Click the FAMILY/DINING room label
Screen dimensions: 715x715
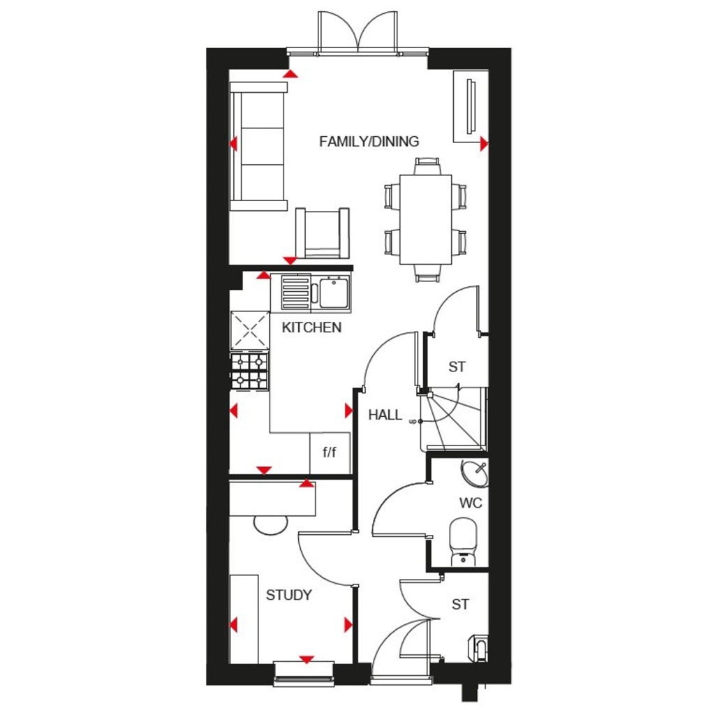coord(369,142)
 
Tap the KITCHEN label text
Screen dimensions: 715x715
coord(311,327)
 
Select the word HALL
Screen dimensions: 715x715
coord(385,415)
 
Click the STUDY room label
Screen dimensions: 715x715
coord(288,596)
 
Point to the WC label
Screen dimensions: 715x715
coord(470,503)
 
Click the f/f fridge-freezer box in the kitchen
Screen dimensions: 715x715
coord(330,452)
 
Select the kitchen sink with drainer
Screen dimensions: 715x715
coord(315,292)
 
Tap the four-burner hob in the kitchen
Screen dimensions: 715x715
coord(249,370)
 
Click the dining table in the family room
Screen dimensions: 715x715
coord(426,219)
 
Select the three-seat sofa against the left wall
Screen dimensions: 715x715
coord(259,146)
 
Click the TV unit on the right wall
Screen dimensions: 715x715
coord(470,106)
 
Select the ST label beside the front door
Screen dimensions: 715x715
coord(459,605)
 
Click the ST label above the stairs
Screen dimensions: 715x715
coord(457,367)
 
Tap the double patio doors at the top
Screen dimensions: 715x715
coord(357,35)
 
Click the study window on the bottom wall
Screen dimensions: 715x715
coord(304,670)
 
